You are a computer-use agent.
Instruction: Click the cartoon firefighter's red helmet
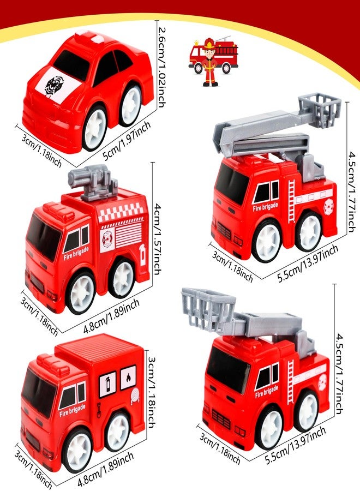tap(208, 43)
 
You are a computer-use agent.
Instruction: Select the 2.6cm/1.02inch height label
tap(162, 67)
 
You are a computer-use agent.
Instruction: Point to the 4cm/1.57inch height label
tap(158, 238)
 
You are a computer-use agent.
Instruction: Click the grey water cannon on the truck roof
tap(92, 182)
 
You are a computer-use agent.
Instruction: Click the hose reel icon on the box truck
tap(135, 396)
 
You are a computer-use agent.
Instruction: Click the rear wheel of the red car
tap(131, 102)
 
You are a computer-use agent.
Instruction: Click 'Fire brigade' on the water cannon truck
tap(76, 253)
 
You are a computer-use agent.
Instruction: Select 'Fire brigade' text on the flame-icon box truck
tap(73, 410)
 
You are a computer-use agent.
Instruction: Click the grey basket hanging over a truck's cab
tap(208, 309)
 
